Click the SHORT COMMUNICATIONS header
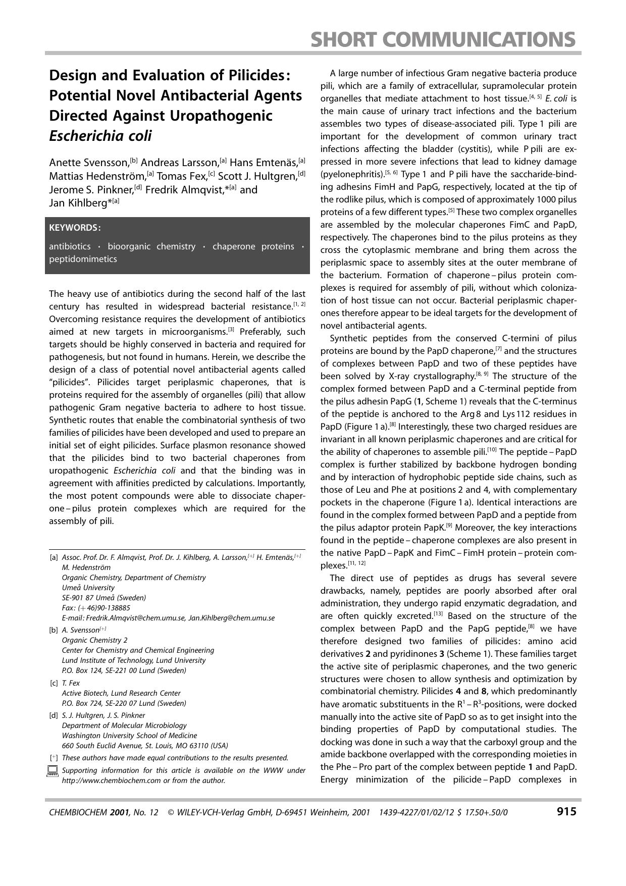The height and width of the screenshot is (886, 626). point(443,39)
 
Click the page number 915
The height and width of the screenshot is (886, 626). point(566,811)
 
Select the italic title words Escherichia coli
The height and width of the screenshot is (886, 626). point(100,136)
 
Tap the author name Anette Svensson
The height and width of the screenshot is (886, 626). point(89,163)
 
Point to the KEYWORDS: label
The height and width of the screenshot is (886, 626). point(75,228)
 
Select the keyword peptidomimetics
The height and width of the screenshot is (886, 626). point(83,259)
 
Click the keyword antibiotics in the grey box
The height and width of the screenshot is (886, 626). point(70,246)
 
